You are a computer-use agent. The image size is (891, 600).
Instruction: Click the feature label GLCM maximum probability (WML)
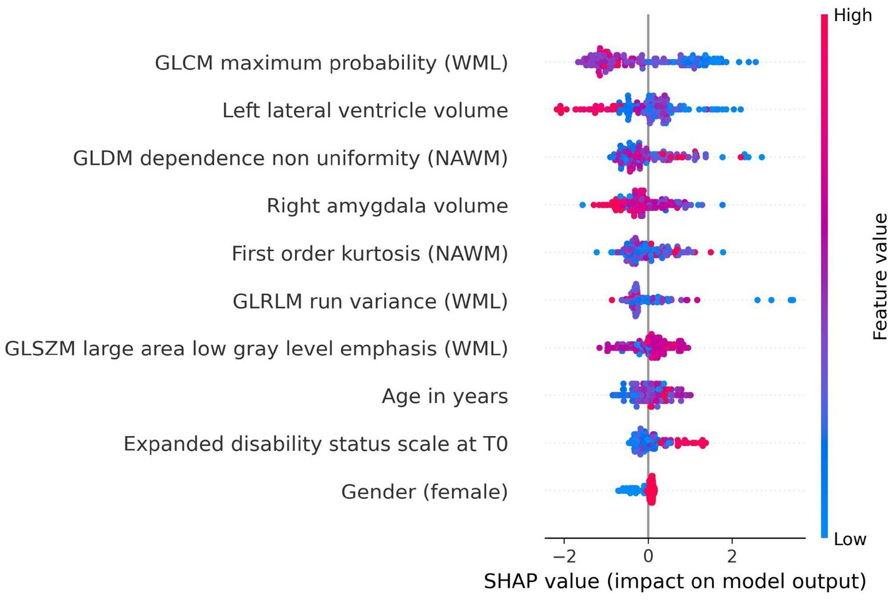(x=331, y=63)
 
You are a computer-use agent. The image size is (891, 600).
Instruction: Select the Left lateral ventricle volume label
(x=365, y=110)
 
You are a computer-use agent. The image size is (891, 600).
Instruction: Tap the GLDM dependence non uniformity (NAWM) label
(x=291, y=158)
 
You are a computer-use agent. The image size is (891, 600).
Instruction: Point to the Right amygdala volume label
(x=387, y=206)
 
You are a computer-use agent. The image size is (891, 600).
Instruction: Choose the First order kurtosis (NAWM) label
(x=370, y=254)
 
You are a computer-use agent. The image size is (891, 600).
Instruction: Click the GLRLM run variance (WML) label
(x=370, y=301)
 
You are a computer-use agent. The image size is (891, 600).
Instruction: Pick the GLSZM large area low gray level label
(x=256, y=349)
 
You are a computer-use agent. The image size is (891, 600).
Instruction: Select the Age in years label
(x=445, y=397)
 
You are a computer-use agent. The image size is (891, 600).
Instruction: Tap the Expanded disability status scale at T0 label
(x=315, y=444)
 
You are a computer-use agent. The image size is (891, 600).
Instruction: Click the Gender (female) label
(x=424, y=492)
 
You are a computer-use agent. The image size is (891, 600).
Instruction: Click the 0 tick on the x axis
(x=648, y=556)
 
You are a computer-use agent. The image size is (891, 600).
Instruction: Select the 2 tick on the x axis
(x=732, y=556)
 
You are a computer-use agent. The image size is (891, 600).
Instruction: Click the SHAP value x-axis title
(x=675, y=581)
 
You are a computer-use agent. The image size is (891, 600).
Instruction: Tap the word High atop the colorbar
(x=852, y=16)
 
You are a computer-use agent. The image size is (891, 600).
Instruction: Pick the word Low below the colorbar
(x=850, y=540)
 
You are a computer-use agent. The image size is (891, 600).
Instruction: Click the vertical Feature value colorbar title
(x=880, y=276)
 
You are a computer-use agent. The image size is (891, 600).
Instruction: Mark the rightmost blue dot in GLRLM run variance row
(x=792, y=300)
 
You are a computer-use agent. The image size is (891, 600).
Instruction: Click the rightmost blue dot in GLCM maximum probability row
(x=756, y=62)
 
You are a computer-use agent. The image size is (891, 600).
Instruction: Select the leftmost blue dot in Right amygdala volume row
(x=582, y=205)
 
